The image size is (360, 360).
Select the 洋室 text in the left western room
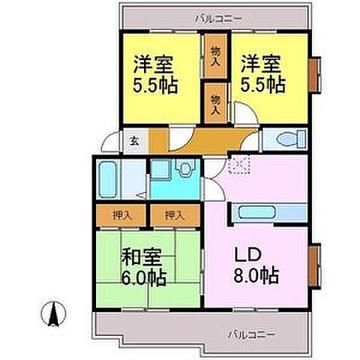point(156,62)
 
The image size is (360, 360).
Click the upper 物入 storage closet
point(216,55)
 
